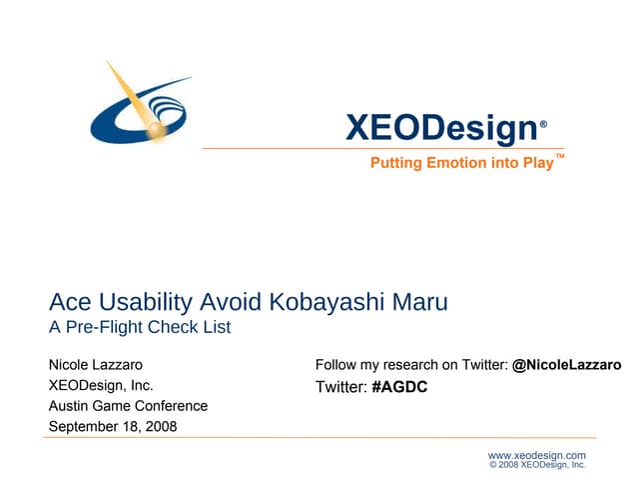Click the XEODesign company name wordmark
(440, 128)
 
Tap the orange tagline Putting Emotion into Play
(461, 163)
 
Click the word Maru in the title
(418, 301)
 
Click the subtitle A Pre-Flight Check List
(140, 327)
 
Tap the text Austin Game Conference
(128, 406)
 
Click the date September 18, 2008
(113, 427)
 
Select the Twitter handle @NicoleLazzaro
(566, 365)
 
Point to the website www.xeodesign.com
(536, 455)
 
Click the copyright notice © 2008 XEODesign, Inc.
(537, 465)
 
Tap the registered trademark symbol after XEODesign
(543, 125)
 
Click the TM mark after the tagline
(560, 157)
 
